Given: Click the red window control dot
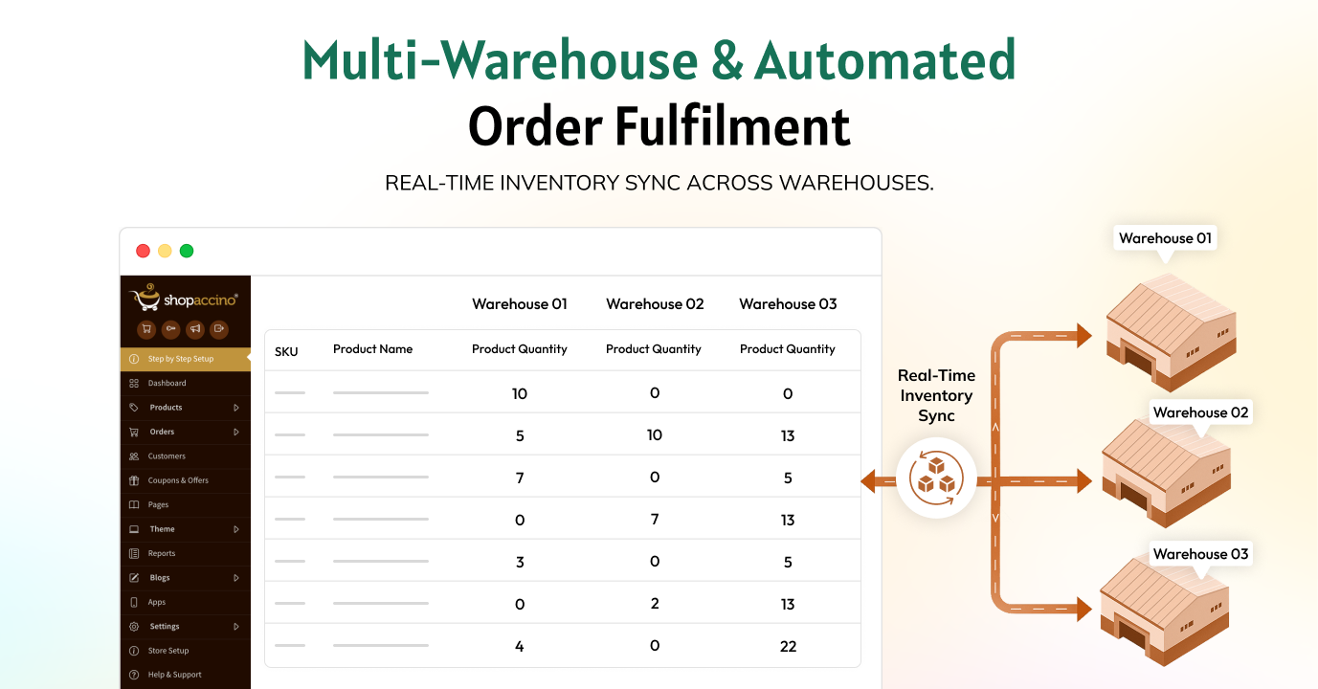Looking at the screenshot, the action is [143, 252].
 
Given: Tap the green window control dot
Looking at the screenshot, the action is [187, 252].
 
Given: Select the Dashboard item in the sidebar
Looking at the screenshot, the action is [167, 383].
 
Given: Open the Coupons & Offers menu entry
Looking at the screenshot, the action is [178, 480].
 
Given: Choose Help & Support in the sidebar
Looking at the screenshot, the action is [174, 675].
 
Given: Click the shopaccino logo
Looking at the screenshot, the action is [184, 298].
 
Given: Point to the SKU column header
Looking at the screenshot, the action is [286, 352].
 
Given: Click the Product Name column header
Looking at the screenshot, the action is [372, 349].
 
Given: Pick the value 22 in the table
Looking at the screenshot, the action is [788, 646].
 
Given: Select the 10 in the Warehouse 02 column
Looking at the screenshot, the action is [655, 434].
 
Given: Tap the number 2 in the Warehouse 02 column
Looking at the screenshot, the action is [655, 603].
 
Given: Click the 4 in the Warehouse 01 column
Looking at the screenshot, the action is [520, 646].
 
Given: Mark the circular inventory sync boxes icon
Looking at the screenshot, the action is [936, 478].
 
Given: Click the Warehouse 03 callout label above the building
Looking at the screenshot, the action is [1200, 554].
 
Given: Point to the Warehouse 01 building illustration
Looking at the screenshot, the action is [1171, 332].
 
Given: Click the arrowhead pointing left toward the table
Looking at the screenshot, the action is [869, 480].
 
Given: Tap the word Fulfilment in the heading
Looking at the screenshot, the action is [732, 126].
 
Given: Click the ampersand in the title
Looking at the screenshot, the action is [727, 60].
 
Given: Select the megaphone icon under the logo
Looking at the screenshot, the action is [194, 329].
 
